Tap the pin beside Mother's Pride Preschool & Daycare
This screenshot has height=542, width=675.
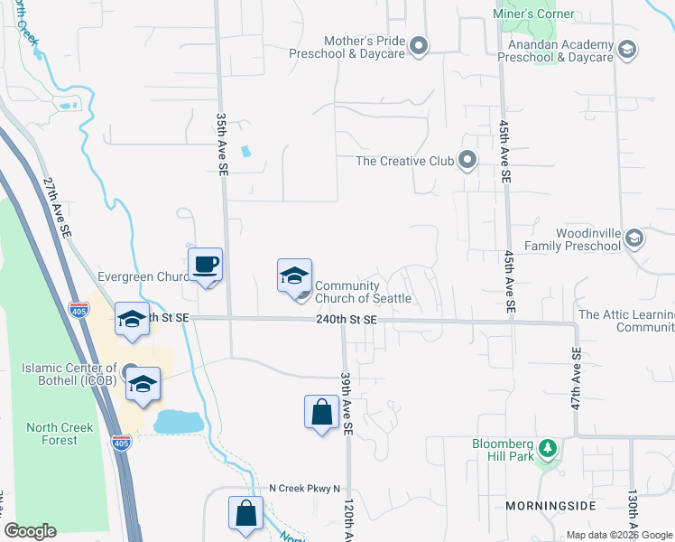tap(419, 46)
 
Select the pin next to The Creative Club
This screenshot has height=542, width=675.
tap(467, 161)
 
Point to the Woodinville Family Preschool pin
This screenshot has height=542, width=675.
tap(634, 238)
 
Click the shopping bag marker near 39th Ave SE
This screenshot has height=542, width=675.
tap(322, 413)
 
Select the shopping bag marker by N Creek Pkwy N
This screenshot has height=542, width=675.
tap(246, 514)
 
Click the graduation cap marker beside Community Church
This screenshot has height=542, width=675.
tap(294, 276)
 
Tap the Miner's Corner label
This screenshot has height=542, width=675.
tap(533, 14)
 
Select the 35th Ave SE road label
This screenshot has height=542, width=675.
tap(221, 145)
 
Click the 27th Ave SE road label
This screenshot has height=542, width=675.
tap(58, 207)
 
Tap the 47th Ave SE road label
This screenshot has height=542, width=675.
tap(575, 378)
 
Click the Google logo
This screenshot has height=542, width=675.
tap(31, 531)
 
